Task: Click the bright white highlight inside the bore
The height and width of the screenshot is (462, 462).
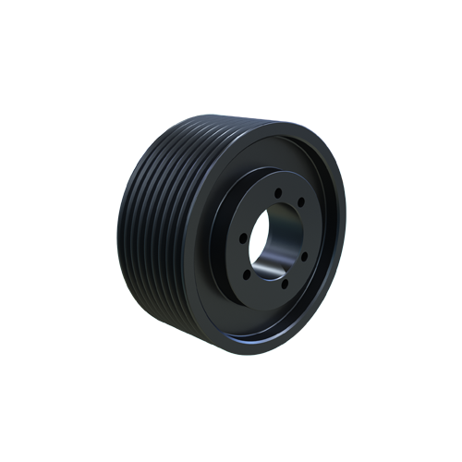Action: [264, 268]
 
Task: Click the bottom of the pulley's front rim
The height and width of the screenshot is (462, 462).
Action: [268, 352]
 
